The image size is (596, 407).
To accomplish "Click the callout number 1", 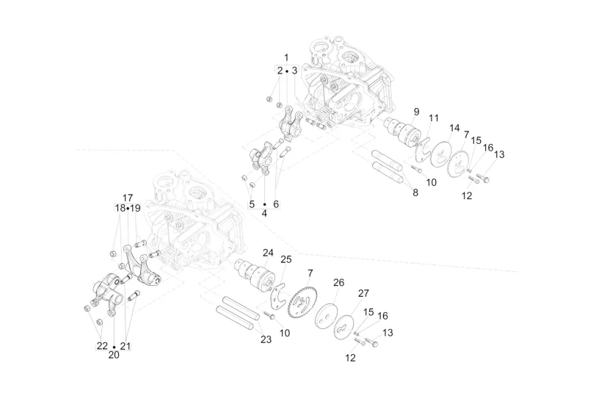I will (286, 57).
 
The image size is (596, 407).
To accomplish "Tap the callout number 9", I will (416, 111).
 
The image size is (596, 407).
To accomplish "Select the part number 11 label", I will (434, 118).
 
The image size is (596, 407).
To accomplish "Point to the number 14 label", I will (455, 127).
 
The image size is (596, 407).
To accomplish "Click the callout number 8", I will (415, 192).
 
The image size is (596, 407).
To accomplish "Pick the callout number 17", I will (128, 198).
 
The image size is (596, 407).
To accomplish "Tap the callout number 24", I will (268, 253).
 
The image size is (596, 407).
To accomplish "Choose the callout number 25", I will (286, 259).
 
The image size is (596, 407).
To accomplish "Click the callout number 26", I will (338, 282).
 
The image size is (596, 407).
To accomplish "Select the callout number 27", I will (363, 293).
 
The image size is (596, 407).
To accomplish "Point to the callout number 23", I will (266, 339).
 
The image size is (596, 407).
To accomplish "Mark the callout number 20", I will (113, 355).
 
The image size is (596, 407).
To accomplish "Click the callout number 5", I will (251, 203).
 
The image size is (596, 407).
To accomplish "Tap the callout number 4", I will (264, 212).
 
